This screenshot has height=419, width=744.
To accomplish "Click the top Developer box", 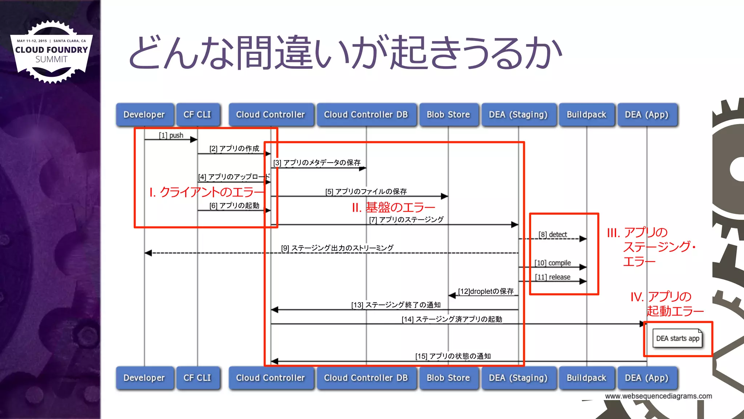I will tap(144, 115).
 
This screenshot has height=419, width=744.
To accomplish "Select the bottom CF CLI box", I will tap(197, 378).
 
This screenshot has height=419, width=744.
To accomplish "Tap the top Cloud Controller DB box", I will tap(366, 115).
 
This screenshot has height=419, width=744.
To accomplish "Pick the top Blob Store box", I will tap(448, 115).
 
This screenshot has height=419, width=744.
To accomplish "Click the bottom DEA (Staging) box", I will tap(518, 378).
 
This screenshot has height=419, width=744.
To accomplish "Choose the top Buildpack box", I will tap(586, 115).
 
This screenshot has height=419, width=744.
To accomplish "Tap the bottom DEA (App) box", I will tap(647, 378).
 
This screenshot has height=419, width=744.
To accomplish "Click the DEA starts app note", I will tap(678, 339).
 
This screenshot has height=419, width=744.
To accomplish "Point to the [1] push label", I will tap(171, 135).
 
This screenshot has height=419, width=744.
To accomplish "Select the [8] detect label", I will tap(553, 235).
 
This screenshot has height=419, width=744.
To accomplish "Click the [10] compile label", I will tap(553, 263).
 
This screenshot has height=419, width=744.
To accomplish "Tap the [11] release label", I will tap(553, 277).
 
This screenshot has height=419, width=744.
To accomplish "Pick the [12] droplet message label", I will tap(486, 291).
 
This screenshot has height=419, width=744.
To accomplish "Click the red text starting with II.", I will tap(393, 207).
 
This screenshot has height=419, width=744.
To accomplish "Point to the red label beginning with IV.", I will tap(667, 304).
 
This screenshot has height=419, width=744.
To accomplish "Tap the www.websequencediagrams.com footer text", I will tap(658, 396).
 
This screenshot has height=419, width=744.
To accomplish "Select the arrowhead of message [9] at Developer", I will tap(148, 253).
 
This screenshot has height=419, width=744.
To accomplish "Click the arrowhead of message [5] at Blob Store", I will tap(445, 196).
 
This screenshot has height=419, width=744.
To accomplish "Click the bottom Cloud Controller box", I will tap(271, 378).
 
